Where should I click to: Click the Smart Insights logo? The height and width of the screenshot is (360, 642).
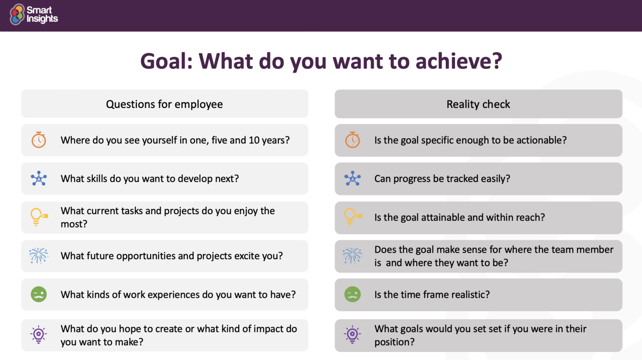(x=33, y=15)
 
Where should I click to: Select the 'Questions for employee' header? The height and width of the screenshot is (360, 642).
(x=164, y=104)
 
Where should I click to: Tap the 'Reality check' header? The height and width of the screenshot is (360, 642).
(x=478, y=104)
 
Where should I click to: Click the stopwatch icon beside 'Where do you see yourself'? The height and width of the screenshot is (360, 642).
(x=39, y=140)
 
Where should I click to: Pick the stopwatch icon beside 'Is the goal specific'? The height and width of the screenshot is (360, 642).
(x=352, y=140)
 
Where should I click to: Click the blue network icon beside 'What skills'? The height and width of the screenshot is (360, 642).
(x=39, y=179)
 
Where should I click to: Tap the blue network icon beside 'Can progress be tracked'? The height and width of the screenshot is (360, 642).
(x=352, y=179)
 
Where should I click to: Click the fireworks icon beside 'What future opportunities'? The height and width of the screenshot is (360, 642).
(x=39, y=255)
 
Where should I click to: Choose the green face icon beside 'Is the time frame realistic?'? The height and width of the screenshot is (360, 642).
(x=352, y=294)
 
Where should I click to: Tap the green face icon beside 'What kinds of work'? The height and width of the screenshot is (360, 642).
(x=39, y=294)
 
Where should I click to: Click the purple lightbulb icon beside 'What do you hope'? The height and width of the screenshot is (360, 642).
(x=39, y=334)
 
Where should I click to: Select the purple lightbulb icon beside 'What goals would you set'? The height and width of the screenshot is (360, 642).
(x=352, y=334)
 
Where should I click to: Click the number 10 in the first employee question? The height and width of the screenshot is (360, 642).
(x=254, y=140)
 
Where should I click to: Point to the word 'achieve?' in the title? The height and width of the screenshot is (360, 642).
(x=459, y=61)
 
